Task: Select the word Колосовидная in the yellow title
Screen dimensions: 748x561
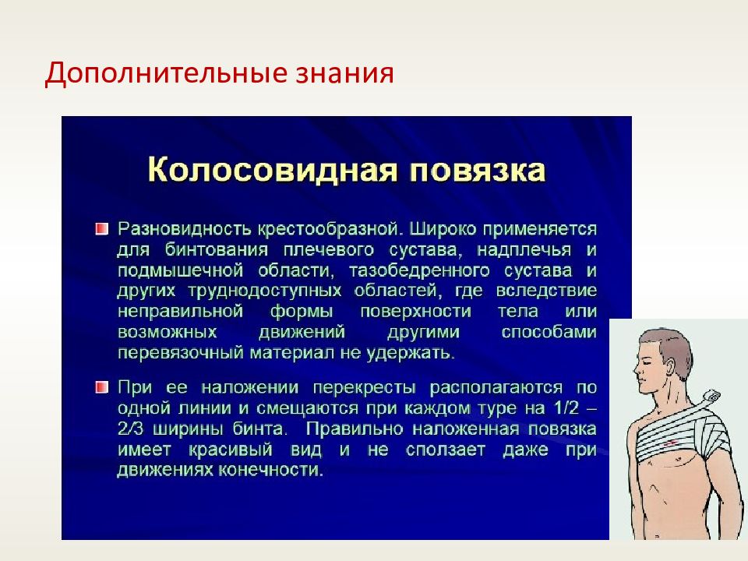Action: [x=273, y=170]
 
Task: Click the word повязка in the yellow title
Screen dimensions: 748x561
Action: [x=478, y=171]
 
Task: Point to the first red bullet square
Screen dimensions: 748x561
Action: [x=101, y=229]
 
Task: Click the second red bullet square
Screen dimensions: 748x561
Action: [x=101, y=387]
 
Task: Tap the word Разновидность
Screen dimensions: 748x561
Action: [x=184, y=229]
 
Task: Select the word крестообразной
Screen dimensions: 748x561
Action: [x=330, y=230]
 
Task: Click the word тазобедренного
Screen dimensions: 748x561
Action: [x=419, y=271]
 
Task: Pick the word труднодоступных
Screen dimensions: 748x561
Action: [x=265, y=291]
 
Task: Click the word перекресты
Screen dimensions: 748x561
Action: [x=365, y=388]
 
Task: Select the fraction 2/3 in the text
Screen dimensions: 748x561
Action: [x=130, y=429]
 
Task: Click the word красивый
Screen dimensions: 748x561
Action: [x=231, y=450]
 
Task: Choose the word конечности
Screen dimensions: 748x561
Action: [x=271, y=471]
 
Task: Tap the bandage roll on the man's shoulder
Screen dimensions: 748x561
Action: [x=711, y=396]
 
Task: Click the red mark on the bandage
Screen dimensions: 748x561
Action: [x=671, y=444]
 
